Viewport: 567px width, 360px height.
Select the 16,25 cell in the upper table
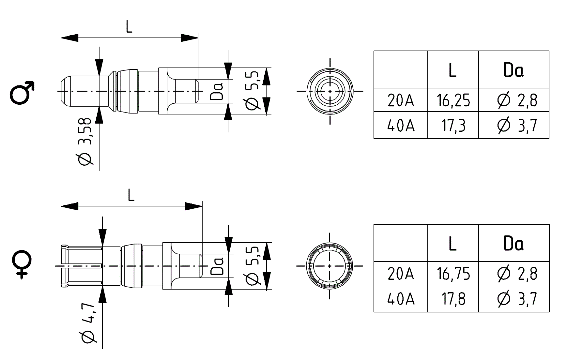pos(453,100)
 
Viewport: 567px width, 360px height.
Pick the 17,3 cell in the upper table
pos(453,125)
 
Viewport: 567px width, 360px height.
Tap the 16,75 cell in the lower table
pos(453,274)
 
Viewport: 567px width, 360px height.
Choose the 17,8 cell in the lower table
pos(453,299)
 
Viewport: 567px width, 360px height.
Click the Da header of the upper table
pos(513,70)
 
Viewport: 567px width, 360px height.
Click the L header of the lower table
pos(452,243)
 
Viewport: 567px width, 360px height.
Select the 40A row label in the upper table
pos(401,125)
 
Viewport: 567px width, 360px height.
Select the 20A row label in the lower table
pos(401,274)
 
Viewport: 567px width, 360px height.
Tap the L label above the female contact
pos(131,196)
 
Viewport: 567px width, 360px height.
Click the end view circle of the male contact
pos(330,91)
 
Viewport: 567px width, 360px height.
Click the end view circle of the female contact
pos(329,266)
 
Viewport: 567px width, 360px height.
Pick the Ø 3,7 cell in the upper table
pos(517,125)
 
